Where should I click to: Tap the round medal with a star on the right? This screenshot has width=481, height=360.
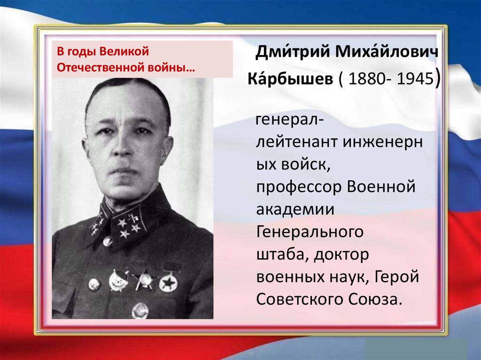tap(168, 283)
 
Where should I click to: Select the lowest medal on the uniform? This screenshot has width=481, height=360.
tap(140, 310)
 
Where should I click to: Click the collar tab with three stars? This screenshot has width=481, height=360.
tap(130, 224)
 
